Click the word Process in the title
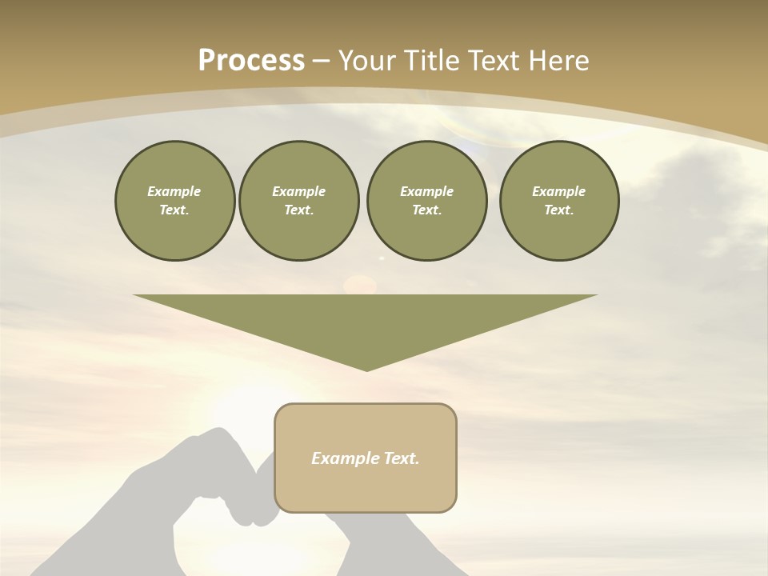pos(251,61)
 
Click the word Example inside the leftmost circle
pos(174,191)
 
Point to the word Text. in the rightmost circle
pos(558,210)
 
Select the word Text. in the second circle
pos(298,210)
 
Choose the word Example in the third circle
pos(426,191)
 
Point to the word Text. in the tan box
pos(402,458)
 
